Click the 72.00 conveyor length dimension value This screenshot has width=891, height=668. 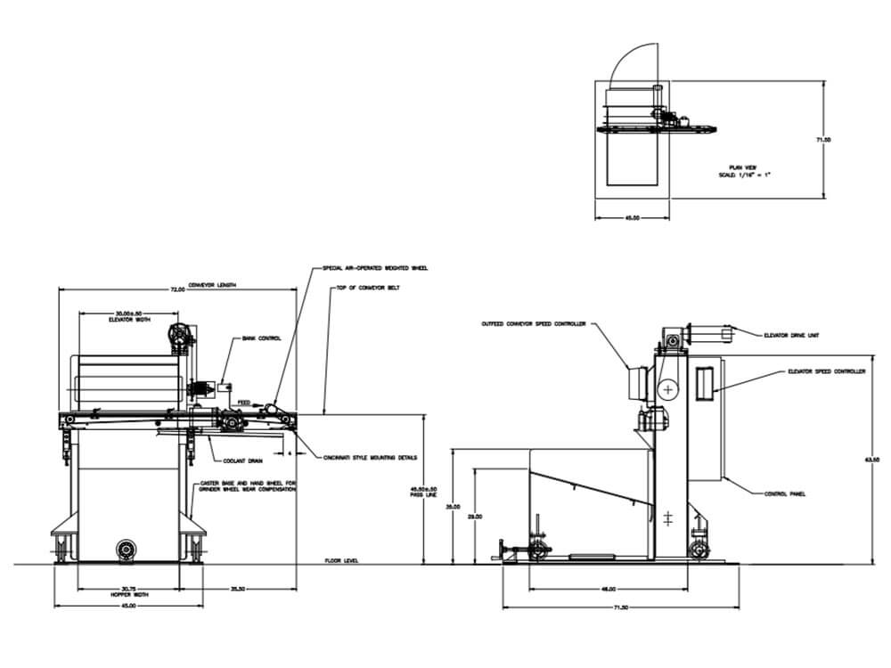pos(177,289)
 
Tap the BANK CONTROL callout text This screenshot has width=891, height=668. pos(263,338)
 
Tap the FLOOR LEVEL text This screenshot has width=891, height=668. pos(341,561)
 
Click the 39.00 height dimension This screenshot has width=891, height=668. pos(453,505)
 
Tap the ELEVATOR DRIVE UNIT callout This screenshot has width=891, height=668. pos(791,336)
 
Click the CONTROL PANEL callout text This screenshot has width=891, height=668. pos(785,493)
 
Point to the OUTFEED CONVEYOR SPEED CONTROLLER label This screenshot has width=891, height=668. pos(533,324)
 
